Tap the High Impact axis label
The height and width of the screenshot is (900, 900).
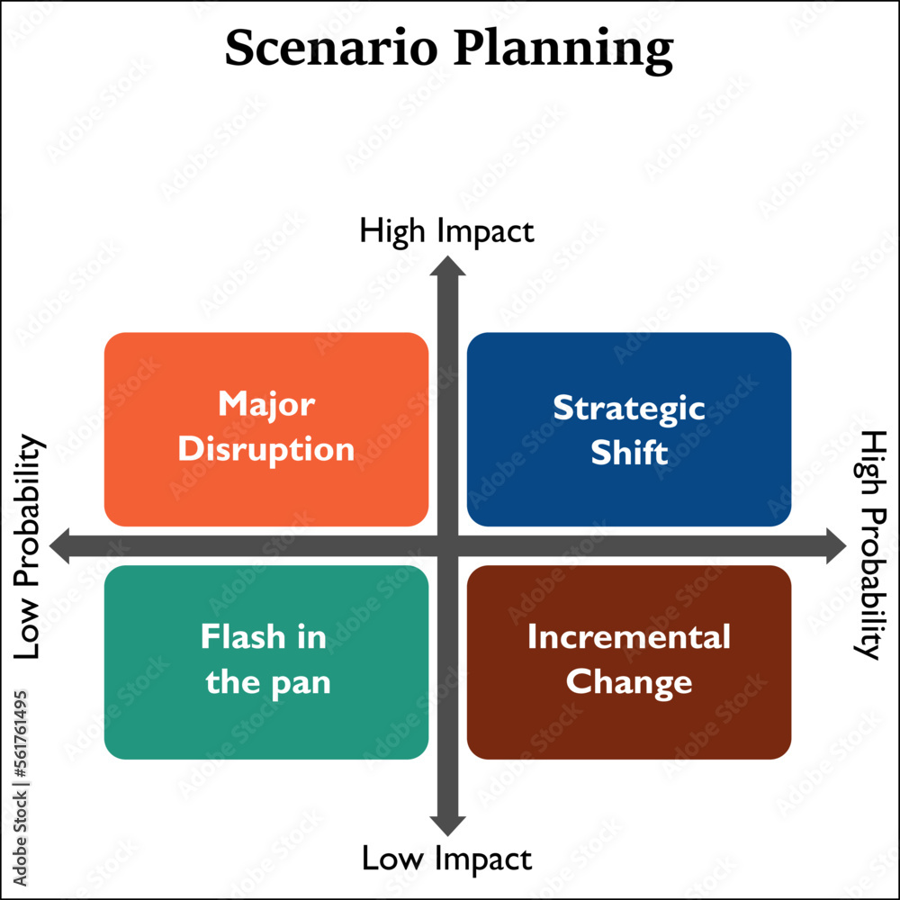click(446, 231)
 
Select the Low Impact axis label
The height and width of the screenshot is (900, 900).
click(446, 859)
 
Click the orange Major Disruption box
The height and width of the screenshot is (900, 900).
click(266, 428)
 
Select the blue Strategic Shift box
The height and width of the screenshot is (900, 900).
click(629, 428)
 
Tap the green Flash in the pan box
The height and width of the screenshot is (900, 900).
click(266, 661)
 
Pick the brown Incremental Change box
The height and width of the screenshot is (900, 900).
click(629, 661)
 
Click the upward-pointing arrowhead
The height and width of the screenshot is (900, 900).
click(447, 265)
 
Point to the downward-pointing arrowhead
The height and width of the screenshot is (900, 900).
click(447, 824)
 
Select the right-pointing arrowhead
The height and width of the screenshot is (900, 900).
click(834, 545)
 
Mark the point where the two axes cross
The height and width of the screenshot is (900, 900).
click(447, 545)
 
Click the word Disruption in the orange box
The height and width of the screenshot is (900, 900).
click(266, 449)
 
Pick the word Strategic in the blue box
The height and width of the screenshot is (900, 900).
click(629, 408)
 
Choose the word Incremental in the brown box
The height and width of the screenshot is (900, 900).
click(629, 637)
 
